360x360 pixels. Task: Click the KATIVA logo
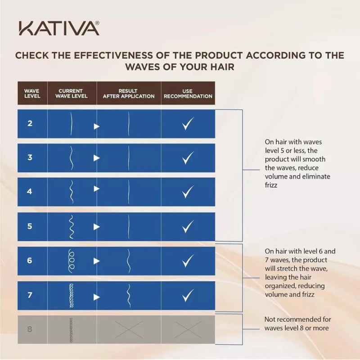(59, 28)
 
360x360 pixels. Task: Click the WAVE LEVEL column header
(32, 94)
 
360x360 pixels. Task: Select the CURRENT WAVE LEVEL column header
(71, 94)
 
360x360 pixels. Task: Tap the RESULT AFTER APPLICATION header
(128, 94)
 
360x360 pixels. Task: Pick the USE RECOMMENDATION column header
(188, 94)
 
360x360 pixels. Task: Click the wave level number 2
(30, 123)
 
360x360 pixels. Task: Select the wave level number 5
(30, 226)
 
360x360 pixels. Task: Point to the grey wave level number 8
(30, 329)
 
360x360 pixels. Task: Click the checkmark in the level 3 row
(188, 158)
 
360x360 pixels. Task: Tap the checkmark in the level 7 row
(188, 296)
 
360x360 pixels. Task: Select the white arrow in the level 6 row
(96, 261)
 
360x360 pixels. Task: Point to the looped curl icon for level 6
(71, 261)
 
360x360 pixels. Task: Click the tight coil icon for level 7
(71, 296)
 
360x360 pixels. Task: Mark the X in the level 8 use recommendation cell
(188, 329)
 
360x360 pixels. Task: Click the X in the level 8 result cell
(128, 329)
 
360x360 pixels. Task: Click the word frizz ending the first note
(272, 184)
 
